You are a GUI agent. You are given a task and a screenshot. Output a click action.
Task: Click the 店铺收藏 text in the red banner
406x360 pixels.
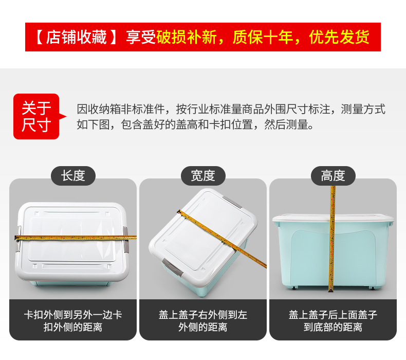[x=77, y=38]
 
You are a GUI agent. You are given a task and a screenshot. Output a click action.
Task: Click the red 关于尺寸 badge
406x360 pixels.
[x=36, y=116]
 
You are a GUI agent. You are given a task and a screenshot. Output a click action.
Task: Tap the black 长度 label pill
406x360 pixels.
[x=73, y=176]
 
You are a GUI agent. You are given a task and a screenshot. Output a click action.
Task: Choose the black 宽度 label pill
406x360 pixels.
[x=203, y=176]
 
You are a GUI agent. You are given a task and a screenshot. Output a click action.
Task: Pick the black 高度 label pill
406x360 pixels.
[x=333, y=176]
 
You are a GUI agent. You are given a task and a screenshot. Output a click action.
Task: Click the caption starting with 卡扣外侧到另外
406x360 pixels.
[x=73, y=320]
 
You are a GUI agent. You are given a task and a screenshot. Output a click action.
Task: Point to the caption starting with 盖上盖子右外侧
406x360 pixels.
[x=203, y=320]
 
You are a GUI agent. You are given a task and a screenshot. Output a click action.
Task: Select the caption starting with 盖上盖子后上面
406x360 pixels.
[x=333, y=320]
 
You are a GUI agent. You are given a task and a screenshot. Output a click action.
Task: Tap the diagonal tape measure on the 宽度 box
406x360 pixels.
[x=226, y=240]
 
